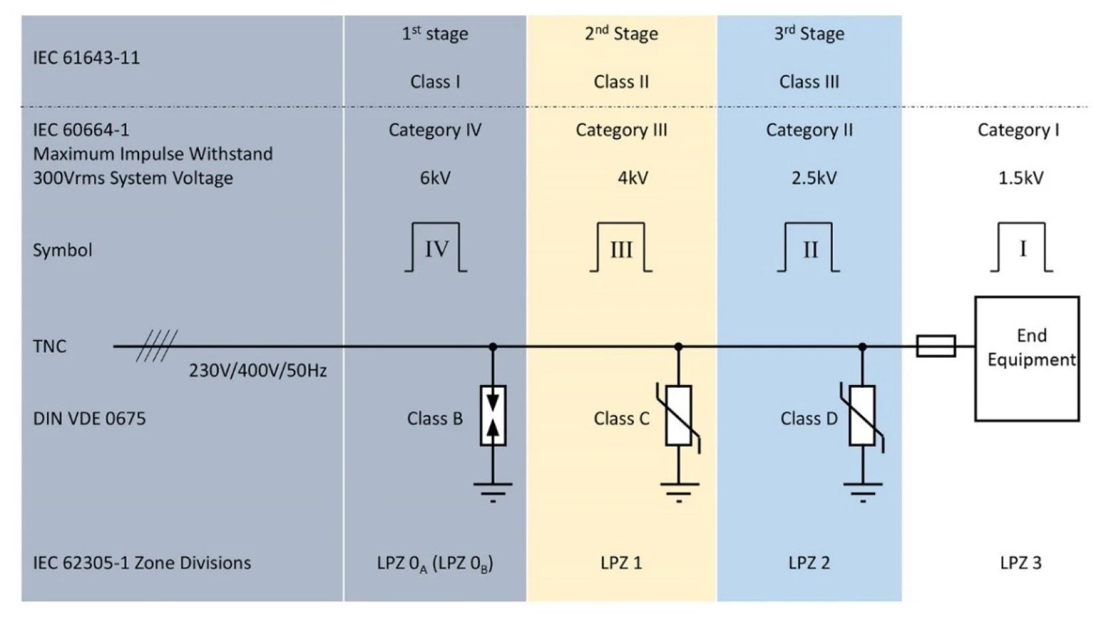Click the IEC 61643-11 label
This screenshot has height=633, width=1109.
[x=86, y=58]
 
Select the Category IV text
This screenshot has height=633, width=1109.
[x=435, y=130]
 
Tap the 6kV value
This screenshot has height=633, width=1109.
[x=435, y=178]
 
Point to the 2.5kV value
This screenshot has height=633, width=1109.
[x=813, y=178]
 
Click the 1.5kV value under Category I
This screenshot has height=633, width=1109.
[x=1020, y=178]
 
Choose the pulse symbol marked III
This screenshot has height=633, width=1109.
[x=621, y=249]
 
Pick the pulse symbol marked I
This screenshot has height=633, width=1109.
[x=1021, y=249]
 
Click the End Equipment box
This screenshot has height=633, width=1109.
[x=1027, y=359]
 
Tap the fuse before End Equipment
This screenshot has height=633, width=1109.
[x=935, y=346]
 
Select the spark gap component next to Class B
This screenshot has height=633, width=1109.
[x=493, y=416]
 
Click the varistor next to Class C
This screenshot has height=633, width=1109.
[x=679, y=416]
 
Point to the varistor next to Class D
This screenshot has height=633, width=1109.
[x=862, y=416]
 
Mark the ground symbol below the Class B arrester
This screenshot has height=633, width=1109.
[x=493, y=491]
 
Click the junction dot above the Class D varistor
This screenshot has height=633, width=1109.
[x=862, y=347]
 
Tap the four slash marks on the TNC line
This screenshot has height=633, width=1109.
[x=157, y=346]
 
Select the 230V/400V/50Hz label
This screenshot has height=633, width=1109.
[x=258, y=371]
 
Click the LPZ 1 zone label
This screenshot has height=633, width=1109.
[x=621, y=563]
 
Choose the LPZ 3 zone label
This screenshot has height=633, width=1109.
[x=1020, y=563]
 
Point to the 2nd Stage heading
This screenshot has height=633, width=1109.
[x=621, y=34]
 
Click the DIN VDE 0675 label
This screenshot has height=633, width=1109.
[x=89, y=419]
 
